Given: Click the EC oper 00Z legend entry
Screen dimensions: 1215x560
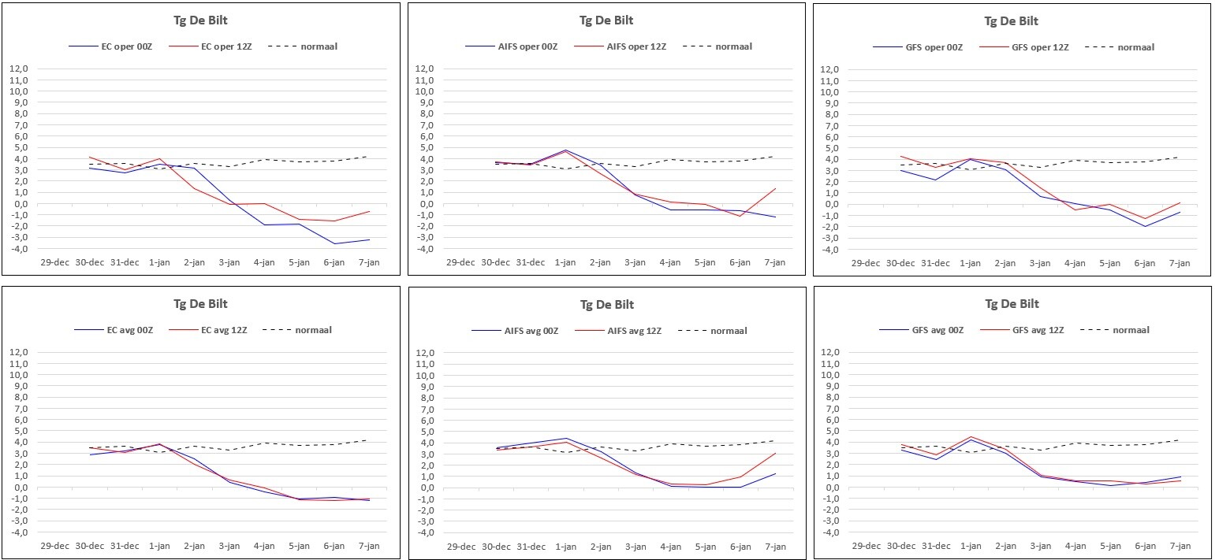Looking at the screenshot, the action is [110, 46].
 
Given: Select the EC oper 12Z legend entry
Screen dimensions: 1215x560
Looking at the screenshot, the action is [211, 46].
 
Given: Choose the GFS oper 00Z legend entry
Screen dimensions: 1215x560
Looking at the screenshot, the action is [919, 47].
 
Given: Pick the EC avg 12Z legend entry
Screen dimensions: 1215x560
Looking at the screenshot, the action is [207, 330].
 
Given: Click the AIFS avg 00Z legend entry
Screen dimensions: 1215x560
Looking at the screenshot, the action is [516, 331].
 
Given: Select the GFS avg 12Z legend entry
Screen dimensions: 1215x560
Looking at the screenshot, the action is [1023, 330].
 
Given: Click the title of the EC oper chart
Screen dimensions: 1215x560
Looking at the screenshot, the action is [200, 20].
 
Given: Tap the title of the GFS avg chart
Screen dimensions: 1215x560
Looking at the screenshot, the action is [1012, 304].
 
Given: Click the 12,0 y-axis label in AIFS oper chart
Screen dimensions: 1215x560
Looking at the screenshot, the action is [424, 69].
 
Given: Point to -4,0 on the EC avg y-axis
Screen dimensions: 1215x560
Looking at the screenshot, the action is [18, 532].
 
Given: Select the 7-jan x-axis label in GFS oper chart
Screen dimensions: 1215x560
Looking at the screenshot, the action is [1180, 263].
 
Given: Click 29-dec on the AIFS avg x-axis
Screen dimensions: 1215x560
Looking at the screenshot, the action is [461, 547].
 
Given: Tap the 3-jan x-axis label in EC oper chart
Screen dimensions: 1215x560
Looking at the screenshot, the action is [229, 262].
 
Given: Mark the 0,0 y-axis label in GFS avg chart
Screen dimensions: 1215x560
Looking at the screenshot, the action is [830, 488].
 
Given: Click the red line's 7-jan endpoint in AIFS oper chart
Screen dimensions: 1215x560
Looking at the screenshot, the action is [775, 188].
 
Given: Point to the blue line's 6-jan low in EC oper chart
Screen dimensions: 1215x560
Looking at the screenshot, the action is [334, 243].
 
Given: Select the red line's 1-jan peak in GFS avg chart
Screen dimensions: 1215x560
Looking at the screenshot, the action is [971, 436].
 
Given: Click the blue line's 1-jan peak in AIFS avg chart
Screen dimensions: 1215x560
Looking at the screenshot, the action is [566, 438].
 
